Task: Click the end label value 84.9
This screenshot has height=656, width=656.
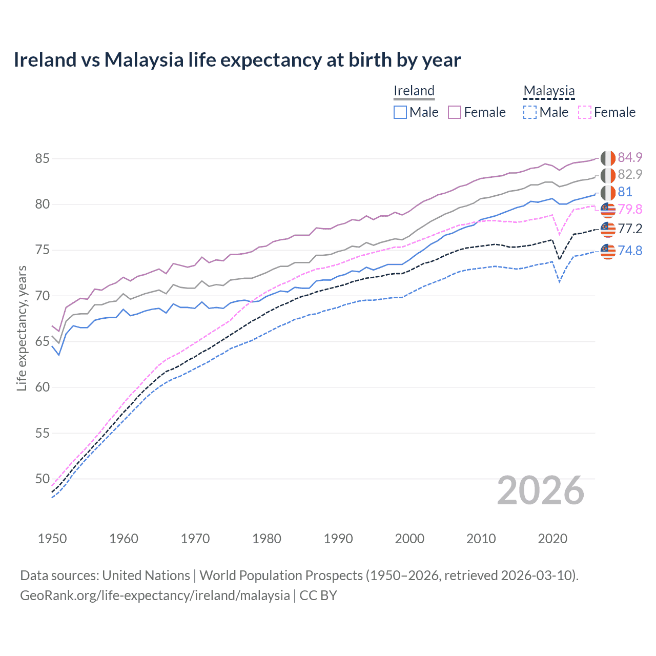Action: pos(630,157)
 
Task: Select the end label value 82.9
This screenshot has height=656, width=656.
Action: pos(630,175)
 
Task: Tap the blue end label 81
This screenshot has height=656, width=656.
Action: pos(625,192)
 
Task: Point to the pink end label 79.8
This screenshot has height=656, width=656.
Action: pos(630,209)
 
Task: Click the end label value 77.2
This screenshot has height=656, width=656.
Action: pos(630,229)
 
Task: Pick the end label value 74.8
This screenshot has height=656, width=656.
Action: pos(630,251)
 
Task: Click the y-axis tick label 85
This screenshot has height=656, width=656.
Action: pos(43,159)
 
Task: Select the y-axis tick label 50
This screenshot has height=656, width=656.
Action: pos(43,479)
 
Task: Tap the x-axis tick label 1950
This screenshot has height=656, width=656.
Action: pos(52,539)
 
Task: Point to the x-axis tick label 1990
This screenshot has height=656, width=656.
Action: pos(338,539)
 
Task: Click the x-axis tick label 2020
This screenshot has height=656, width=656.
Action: pos(552,539)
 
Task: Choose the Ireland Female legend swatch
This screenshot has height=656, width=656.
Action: pos(455,112)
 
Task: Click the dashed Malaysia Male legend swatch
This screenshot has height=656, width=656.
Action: pos(530,112)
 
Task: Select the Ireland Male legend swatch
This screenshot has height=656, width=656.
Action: pos(400,112)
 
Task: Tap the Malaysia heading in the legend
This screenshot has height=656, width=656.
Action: pos(549,91)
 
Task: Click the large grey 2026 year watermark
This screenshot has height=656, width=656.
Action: pos(541,491)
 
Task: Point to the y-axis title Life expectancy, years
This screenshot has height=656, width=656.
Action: pos(22,328)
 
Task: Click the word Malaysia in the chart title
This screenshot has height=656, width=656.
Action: pos(144,60)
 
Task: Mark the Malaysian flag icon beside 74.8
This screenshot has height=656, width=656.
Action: pos(608,251)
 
